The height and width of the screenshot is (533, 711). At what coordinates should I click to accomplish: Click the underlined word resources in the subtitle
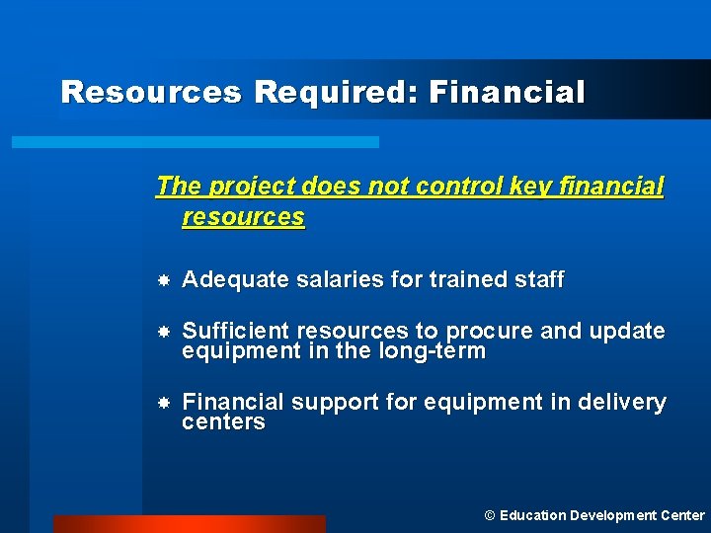coord(243,216)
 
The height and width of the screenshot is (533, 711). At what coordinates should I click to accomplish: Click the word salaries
coord(340,280)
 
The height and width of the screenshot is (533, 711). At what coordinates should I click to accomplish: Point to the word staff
coord(539,280)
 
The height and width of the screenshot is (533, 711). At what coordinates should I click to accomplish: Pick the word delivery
coord(622,402)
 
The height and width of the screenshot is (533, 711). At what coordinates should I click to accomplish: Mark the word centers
coord(223,422)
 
